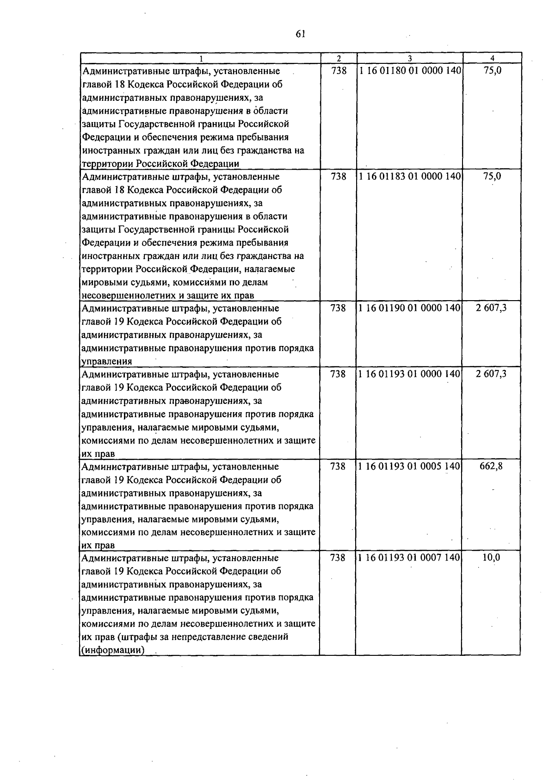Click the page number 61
(300, 34)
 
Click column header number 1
(201, 59)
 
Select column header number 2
(339, 59)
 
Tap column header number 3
(410, 59)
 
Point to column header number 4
(492, 58)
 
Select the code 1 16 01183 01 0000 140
(410, 176)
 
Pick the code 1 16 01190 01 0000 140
(410, 308)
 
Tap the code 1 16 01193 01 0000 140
(410, 374)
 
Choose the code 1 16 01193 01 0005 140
(410, 466)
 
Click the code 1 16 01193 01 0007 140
(410, 558)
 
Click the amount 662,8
(491, 466)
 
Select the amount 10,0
(491, 558)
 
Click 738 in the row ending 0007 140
(338, 558)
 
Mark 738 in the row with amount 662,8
(338, 466)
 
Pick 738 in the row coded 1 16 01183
(339, 176)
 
